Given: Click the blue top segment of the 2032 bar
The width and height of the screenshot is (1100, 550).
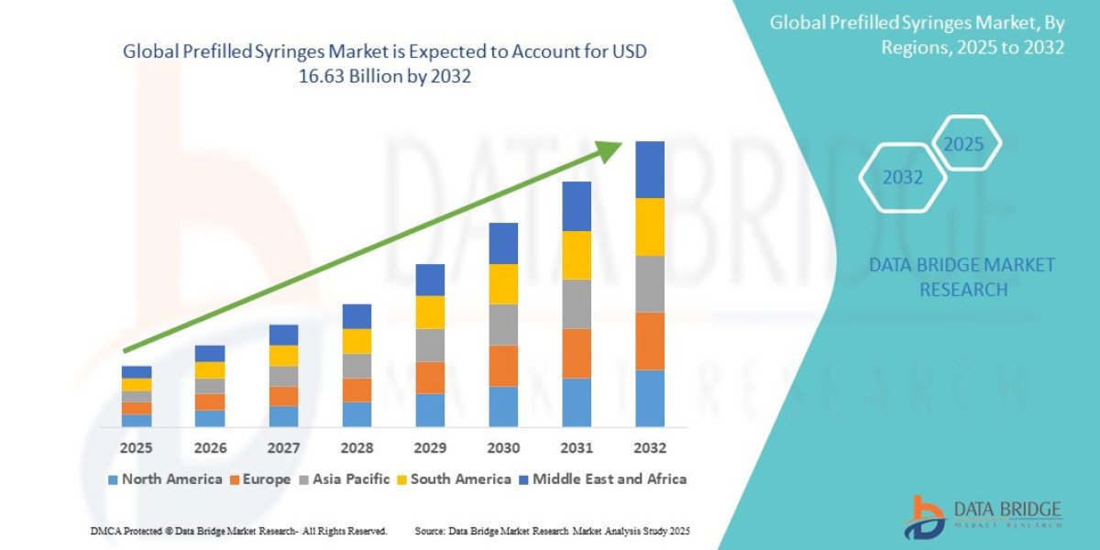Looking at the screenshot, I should tap(649, 170).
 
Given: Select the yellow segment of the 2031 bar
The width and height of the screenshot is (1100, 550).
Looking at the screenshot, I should tap(576, 255).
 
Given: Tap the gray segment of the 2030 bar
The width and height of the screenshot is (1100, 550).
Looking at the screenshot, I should tap(503, 324).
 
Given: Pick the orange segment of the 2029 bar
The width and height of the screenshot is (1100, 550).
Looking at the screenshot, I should tap(430, 378).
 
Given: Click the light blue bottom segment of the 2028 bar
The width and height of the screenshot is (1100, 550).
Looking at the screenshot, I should tap(357, 414).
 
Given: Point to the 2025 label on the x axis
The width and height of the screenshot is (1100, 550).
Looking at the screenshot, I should tap(136, 449).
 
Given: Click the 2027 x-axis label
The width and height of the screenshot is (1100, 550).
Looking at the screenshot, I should tap(283, 449).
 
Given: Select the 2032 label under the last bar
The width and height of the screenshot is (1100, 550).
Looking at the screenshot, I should tap(649, 449).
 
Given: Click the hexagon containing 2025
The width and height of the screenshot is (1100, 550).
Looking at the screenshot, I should tap(964, 144).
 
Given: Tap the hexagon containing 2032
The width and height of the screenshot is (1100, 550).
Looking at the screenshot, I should tap(902, 178).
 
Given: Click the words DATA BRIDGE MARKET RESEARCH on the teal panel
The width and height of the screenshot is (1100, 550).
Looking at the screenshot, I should tap(962, 277).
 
